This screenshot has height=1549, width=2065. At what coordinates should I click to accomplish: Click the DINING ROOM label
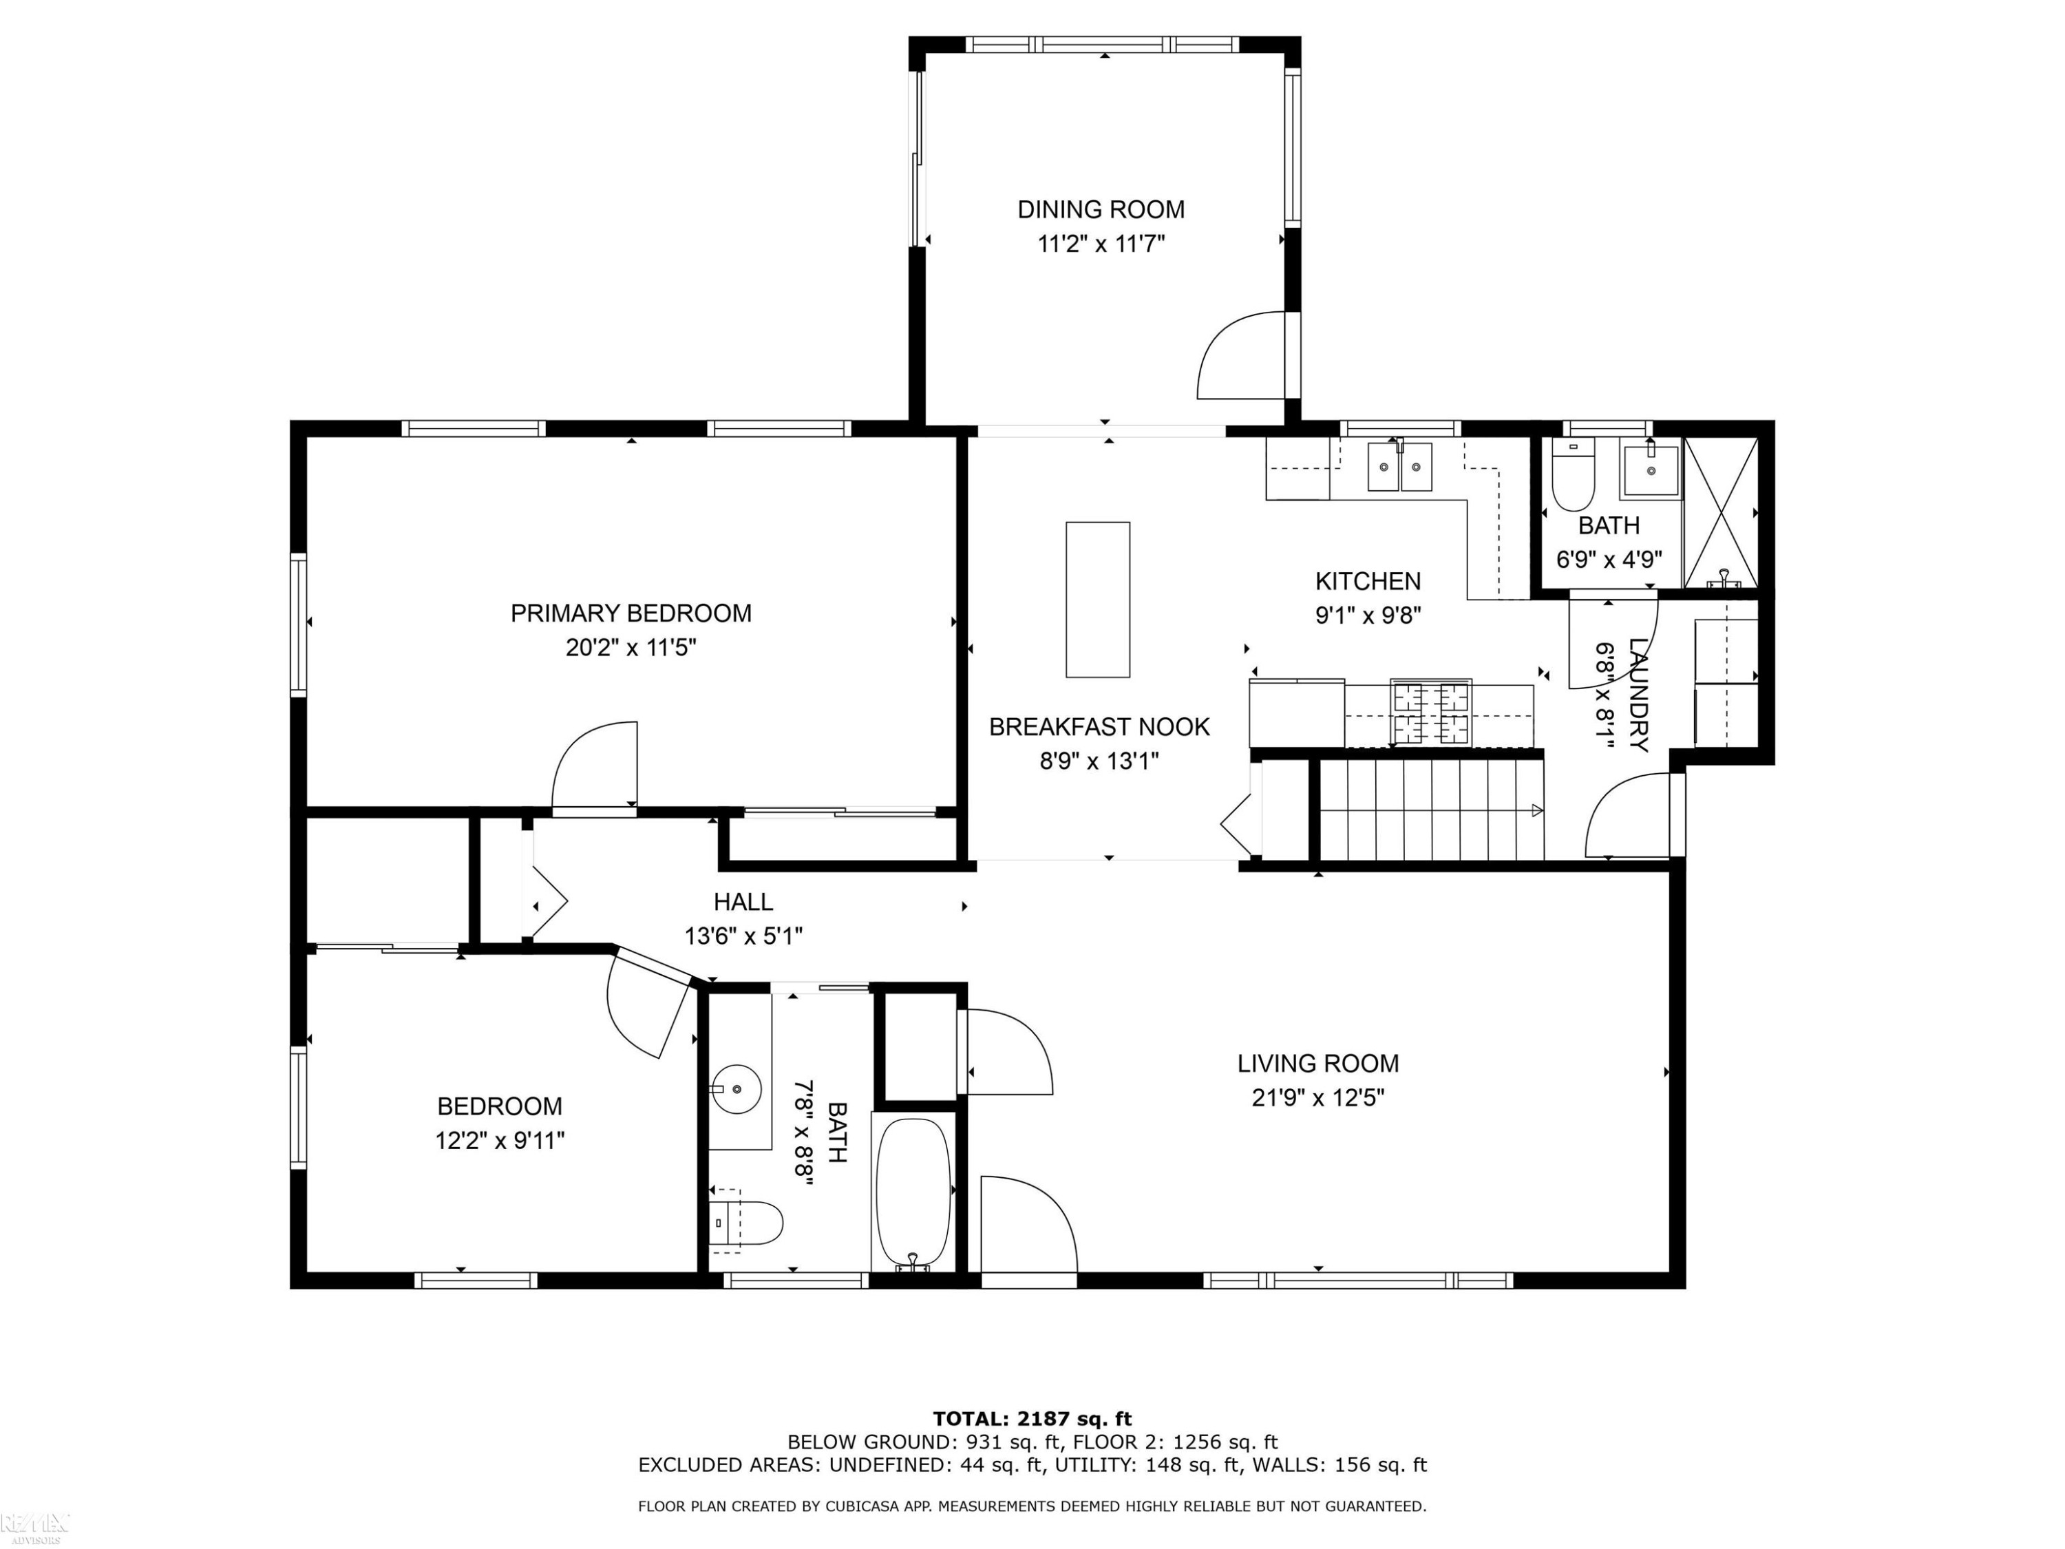1101,209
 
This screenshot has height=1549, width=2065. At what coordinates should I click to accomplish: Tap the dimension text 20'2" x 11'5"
631,647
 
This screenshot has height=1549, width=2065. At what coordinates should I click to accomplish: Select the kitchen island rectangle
1098,600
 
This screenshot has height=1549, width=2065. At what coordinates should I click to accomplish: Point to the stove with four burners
1431,713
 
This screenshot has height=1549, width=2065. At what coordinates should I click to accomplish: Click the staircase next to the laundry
1431,810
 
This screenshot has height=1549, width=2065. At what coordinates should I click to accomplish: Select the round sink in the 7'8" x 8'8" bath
737,1088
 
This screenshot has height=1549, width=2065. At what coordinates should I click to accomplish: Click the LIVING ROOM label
1317,1064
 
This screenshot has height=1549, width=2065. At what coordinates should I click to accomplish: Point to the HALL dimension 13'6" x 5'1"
743,936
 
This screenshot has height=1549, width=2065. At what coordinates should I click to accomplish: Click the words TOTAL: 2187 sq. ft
1032,1419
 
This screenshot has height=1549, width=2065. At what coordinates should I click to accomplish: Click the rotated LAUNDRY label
1638,695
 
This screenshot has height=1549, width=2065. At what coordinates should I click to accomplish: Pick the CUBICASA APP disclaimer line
1032,1506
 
